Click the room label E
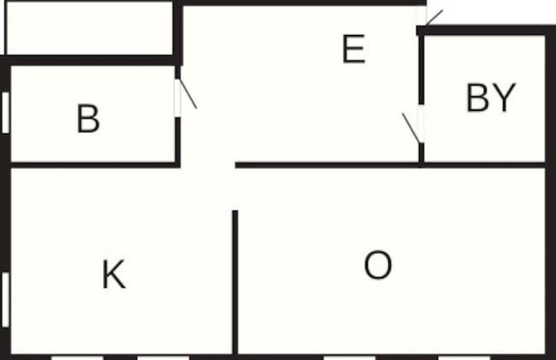point(354,49)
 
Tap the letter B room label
point(88,118)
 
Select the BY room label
point(491,97)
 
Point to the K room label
point(114,274)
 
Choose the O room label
point(378,265)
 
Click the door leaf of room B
point(188,93)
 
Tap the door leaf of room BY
point(411,128)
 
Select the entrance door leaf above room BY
point(434,18)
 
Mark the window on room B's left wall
point(5,113)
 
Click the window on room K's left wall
point(5,300)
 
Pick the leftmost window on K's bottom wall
point(77,358)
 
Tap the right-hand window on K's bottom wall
point(163,358)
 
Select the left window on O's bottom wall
point(349,358)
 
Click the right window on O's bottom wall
point(464,358)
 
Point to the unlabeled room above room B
point(89,28)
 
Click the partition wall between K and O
point(235,282)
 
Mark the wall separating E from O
point(327,165)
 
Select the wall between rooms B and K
point(95,165)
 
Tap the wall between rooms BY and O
point(484,165)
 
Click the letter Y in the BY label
point(504,97)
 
